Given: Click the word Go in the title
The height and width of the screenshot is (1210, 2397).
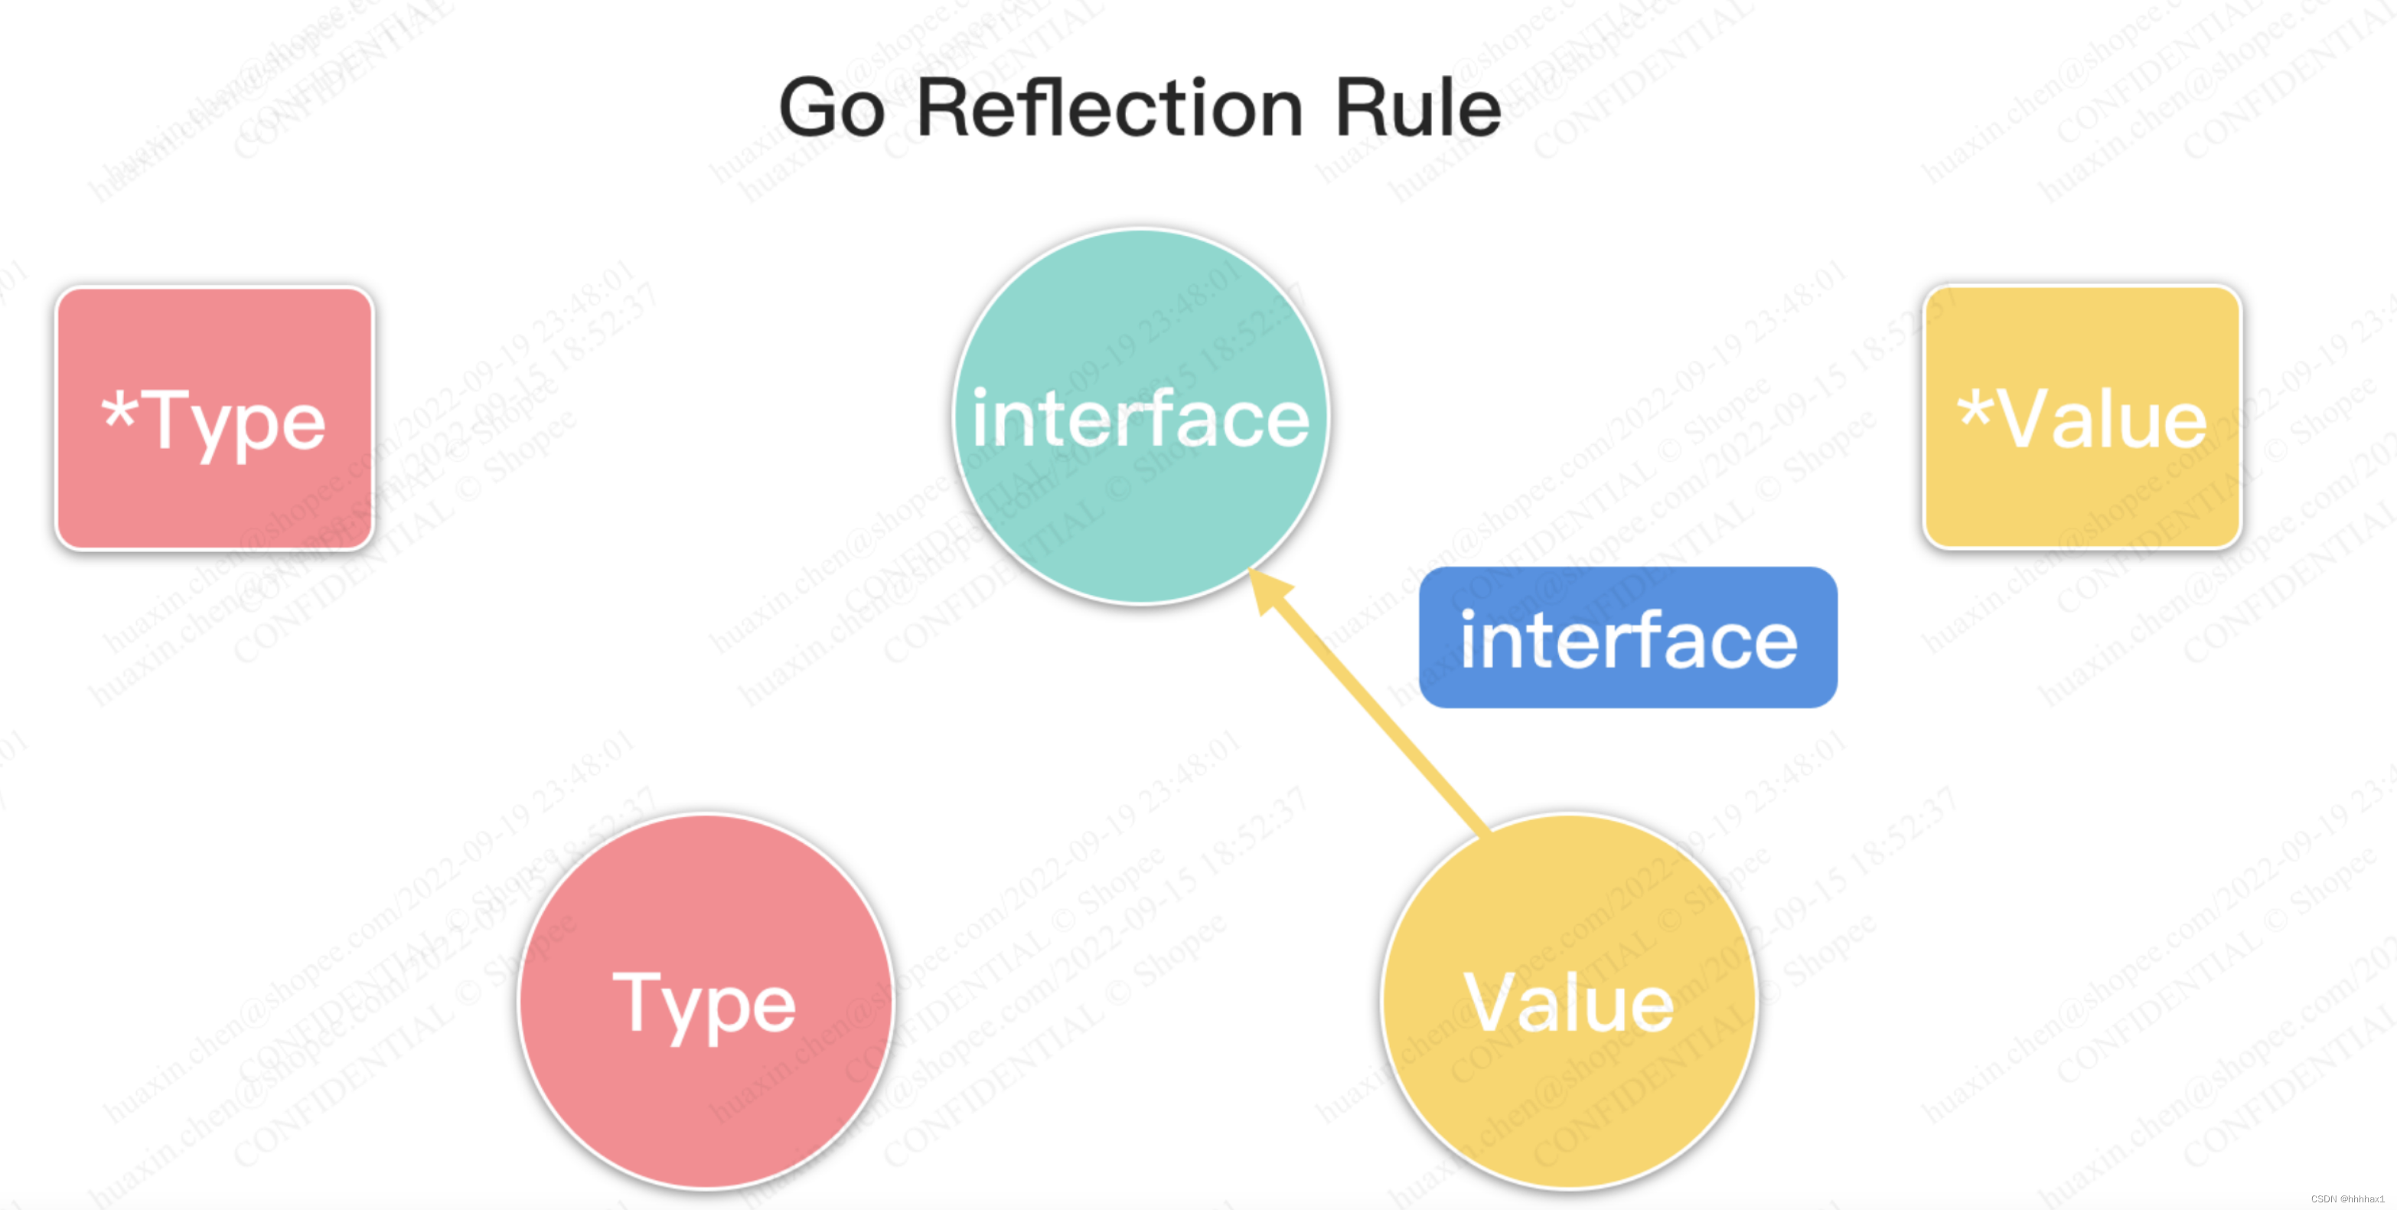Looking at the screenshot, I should [x=831, y=109].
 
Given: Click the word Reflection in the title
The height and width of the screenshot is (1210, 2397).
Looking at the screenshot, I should [x=1109, y=109].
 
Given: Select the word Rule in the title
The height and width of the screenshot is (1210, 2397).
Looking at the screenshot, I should [x=1417, y=109].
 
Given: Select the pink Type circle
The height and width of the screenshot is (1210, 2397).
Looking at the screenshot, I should [x=706, y=1098].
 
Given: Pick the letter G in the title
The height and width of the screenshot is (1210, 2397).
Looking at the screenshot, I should [x=807, y=109].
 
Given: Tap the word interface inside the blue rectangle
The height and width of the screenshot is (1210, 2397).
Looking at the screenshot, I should [x=1628, y=640].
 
